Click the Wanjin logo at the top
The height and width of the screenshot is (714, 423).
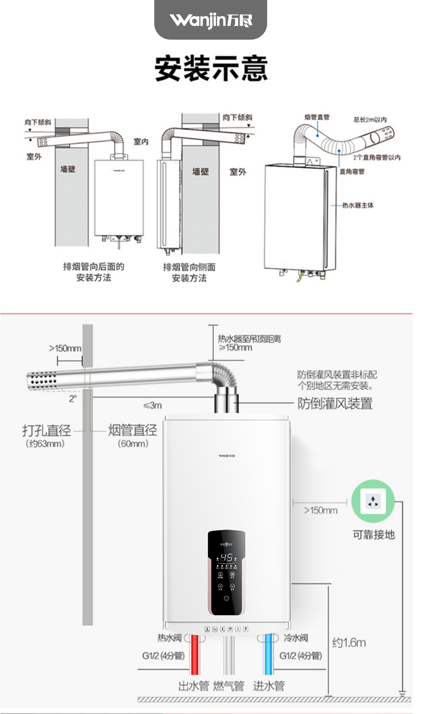point(211,20)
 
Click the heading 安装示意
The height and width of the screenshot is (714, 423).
point(211,69)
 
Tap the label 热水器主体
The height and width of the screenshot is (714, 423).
point(358,205)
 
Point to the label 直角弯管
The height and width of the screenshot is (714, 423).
point(352,172)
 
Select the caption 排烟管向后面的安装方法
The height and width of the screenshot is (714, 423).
point(94,272)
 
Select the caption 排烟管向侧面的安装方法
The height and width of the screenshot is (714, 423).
point(189,273)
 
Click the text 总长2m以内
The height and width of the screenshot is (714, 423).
point(370,120)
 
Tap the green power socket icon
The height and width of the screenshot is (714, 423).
point(373,501)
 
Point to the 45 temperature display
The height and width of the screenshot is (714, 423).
point(226,557)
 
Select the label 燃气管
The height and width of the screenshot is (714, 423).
point(228,686)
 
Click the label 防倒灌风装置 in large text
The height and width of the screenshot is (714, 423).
point(335,404)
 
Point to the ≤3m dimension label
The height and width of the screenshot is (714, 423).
point(153,406)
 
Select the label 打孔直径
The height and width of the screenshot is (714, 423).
point(47,431)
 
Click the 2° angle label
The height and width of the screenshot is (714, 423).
point(73,398)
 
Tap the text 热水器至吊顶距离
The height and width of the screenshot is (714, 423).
point(249,339)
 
